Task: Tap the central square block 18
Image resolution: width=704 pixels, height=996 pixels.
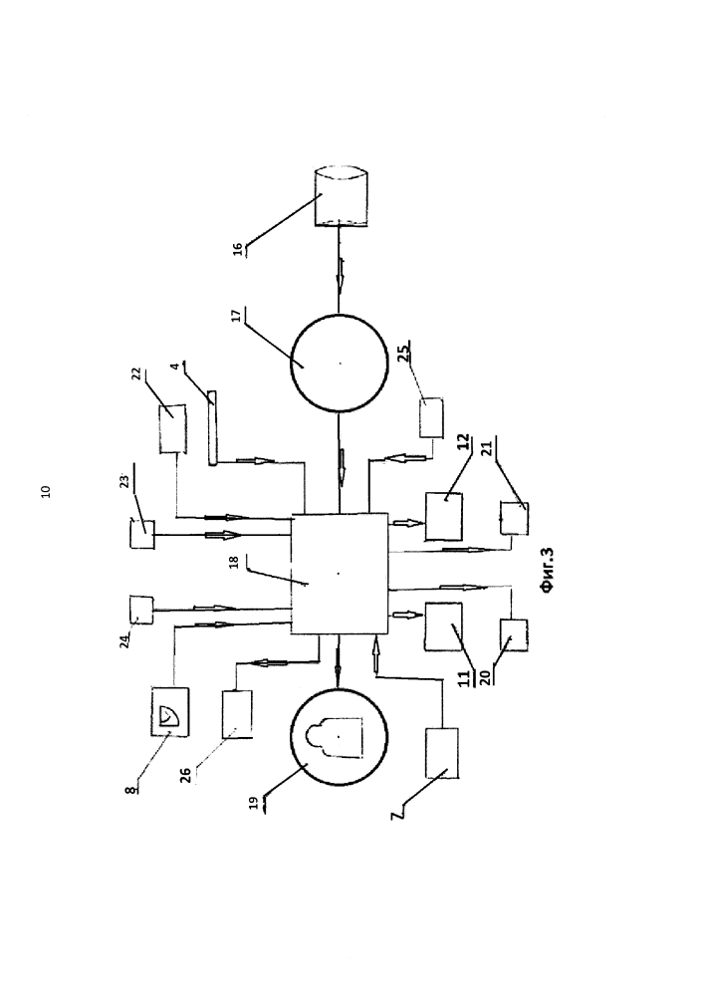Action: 339,573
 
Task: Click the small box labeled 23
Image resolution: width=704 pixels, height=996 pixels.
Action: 140,533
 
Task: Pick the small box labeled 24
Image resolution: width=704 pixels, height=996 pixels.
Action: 139,609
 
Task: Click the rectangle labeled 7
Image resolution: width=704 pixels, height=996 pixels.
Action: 441,753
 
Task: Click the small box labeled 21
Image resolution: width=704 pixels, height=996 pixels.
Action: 513,519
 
